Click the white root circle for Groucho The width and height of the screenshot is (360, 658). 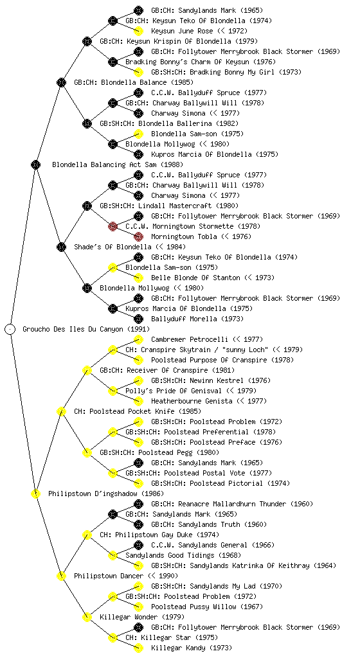[x=10, y=329]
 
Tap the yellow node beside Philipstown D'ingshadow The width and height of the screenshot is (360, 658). [x=35, y=493]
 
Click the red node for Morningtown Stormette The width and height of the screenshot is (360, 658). [x=113, y=226]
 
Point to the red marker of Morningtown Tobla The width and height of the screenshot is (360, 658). [x=138, y=236]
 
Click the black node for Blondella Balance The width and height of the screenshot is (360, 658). [x=61, y=82]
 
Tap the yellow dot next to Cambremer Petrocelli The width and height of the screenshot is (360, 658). [x=138, y=339]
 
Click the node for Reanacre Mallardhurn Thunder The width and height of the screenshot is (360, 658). [x=138, y=504]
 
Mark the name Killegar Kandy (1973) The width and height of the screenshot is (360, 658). [x=192, y=648]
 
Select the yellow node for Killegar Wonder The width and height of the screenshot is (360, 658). [x=87, y=617]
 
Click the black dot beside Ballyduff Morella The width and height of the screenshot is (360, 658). [x=138, y=319]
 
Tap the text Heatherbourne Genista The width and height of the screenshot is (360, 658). [x=192, y=401]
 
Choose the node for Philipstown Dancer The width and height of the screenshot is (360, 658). [x=61, y=576]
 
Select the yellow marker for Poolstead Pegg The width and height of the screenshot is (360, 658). [x=87, y=452]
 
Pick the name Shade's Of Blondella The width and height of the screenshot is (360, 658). [x=113, y=247]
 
